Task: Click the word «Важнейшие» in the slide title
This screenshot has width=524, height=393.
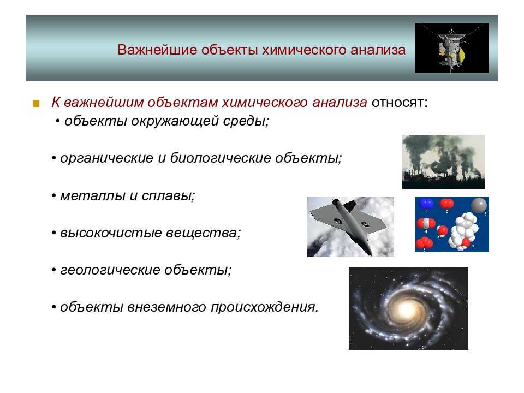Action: pos(157,50)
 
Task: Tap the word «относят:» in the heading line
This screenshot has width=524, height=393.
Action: pos(400,102)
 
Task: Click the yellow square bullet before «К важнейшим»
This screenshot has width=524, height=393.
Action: pos(36,104)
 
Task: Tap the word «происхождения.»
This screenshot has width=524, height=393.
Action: pos(265,307)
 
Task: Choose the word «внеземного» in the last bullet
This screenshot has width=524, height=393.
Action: pos(166,307)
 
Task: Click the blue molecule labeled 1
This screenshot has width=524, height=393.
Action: pos(426,203)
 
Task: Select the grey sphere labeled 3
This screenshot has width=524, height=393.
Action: pos(479,205)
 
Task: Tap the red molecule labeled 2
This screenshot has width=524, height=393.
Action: pos(447,203)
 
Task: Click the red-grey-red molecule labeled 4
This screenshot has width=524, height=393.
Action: pos(426,223)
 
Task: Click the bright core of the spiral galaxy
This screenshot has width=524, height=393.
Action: pos(407,309)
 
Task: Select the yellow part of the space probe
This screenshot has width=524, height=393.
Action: pos(462,55)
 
